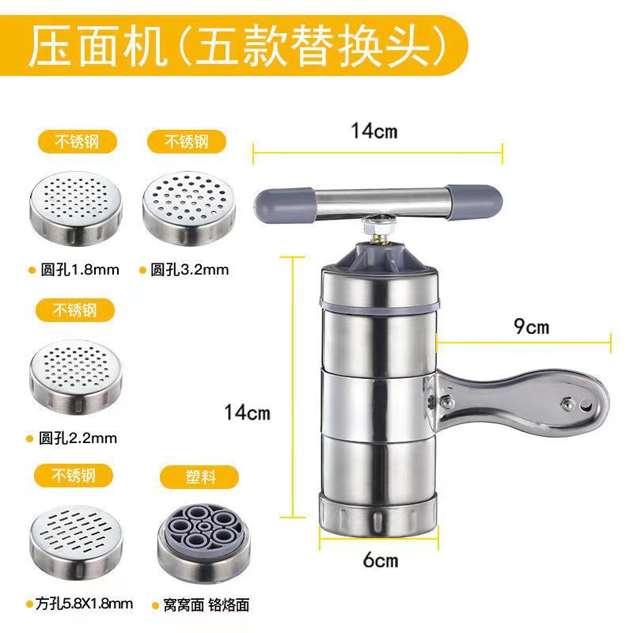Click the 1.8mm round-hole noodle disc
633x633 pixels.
76,208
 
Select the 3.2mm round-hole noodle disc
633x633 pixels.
189,208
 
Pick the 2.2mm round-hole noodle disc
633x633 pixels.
76,377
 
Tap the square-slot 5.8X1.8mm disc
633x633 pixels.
76,542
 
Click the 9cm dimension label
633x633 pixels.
531,327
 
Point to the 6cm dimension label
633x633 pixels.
381,560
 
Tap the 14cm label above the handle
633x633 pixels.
374,131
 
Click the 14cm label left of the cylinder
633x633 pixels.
247,412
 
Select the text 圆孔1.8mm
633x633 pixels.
80,270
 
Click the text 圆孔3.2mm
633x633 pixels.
190,270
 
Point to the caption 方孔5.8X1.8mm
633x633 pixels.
84,604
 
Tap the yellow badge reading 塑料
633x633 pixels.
199,477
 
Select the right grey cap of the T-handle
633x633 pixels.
474,202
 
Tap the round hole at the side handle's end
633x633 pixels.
586,405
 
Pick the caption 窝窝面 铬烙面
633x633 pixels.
207,605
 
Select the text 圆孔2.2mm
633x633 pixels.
78,438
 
